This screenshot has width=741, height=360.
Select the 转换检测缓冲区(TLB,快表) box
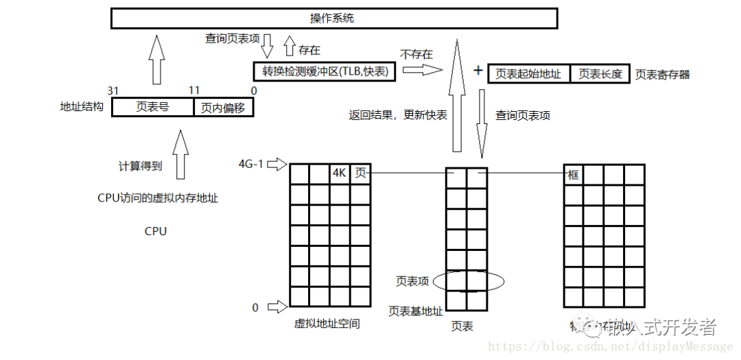click(x=325, y=71)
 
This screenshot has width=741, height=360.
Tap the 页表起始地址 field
click(x=529, y=74)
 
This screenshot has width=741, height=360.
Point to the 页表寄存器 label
click(x=662, y=74)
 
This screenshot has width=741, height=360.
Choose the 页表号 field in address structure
click(x=152, y=107)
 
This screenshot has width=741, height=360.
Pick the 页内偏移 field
click(x=224, y=108)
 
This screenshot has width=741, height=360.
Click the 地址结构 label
click(x=82, y=108)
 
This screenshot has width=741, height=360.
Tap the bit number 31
click(x=114, y=91)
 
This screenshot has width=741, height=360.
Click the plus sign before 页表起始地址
click(x=478, y=71)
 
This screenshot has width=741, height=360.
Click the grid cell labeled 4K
click(x=340, y=174)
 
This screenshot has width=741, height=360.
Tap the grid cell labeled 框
click(x=574, y=175)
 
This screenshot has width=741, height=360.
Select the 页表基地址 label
click(x=416, y=311)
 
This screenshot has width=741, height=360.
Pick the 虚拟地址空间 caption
click(x=327, y=324)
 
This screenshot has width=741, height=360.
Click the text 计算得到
click(x=141, y=167)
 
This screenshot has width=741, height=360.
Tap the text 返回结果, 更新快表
click(x=398, y=115)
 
